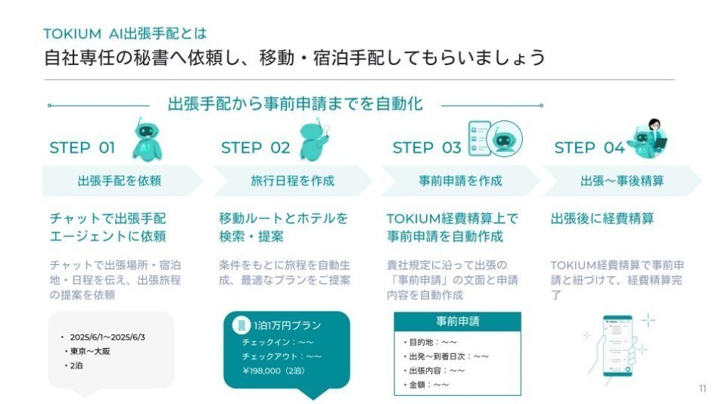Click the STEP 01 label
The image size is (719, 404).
click(82, 148)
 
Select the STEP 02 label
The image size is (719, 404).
click(255, 148)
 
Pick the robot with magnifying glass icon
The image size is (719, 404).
click(315, 138)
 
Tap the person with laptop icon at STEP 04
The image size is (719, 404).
click(650, 137)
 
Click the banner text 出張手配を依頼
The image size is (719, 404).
click(120, 181)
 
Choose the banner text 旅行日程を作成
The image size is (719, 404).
click(292, 181)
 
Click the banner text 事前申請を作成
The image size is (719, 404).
click(460, 181)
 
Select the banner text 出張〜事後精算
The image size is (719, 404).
click(622, 181)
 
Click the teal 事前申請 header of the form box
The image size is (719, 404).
click(457, 321)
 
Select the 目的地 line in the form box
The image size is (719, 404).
click(431, 341)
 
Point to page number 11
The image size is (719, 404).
click(702, 388)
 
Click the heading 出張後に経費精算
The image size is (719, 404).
click(602, 219)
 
